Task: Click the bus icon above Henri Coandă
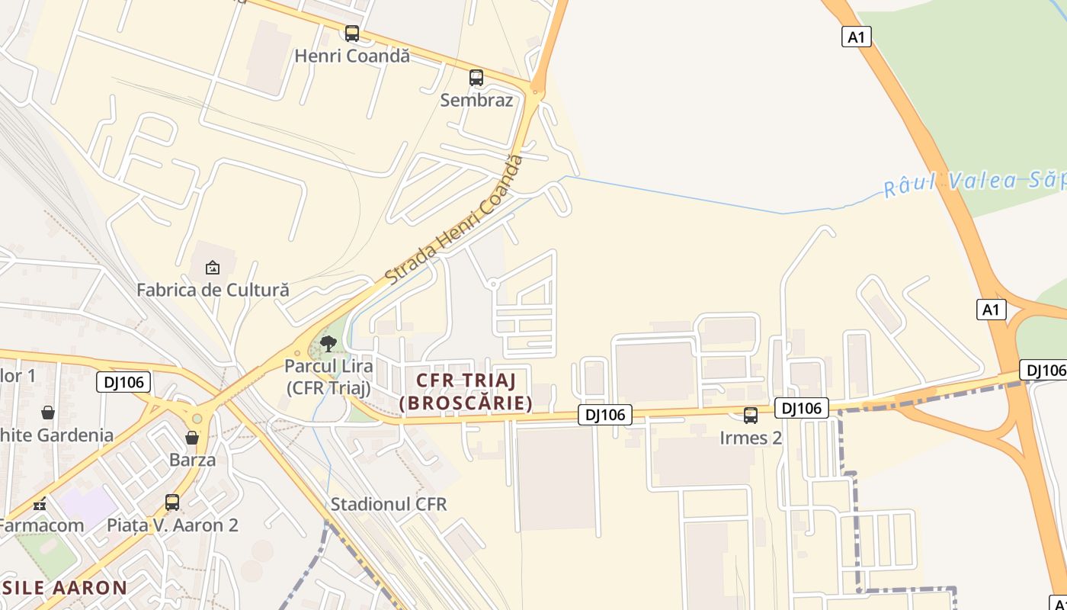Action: (351, 34)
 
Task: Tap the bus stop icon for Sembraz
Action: (476, 78)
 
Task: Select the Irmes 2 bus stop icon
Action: (751, 416)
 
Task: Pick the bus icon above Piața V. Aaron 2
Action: (172, 502)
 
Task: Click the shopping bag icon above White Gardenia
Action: (48, 413)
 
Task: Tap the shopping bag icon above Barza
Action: (192, 438)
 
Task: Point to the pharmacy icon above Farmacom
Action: (40, 504)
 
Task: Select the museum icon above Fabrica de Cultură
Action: (213, 268)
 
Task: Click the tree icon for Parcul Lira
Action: (328, 344)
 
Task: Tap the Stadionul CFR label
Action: (389, 504)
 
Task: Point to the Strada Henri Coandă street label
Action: (455, 220)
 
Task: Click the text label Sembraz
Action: (476, 100)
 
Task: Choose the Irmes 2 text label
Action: (751, 438)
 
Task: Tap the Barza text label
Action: (192, 460)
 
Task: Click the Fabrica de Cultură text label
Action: (213, 290)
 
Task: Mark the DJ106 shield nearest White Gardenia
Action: (123, 382)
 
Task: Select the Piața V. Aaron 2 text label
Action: (172, 525)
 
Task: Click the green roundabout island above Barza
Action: (197, 419)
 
